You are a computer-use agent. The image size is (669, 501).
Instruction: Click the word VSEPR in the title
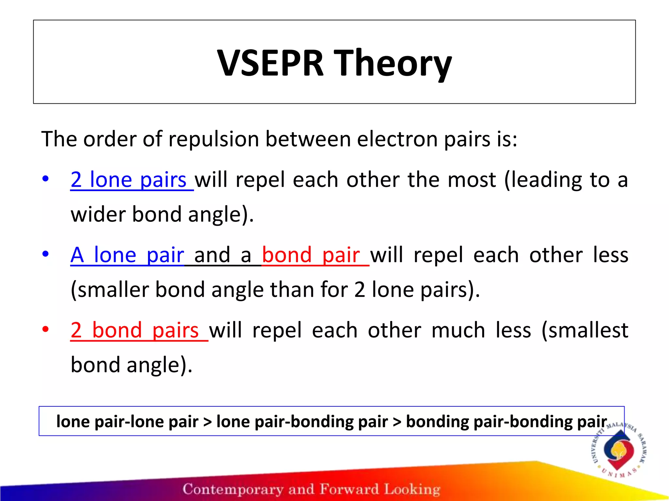pos(270,63)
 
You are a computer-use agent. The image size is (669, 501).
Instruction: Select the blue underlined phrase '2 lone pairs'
pos(128,180)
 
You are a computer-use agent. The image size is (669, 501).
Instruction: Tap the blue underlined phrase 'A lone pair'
pos(127,255)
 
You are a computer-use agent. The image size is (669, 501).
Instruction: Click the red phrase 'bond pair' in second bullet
pos(311,255)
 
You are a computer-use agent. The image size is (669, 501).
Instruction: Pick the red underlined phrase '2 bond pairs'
pos(135,330)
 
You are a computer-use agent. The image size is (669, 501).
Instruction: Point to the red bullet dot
pos(45,329)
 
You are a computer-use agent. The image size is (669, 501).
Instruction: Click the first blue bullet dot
pos(45,178)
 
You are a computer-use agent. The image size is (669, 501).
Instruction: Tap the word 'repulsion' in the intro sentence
pos(214,139)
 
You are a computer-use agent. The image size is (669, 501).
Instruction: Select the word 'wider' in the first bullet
pos(98,214)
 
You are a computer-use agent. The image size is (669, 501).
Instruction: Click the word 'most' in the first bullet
pos(472,180)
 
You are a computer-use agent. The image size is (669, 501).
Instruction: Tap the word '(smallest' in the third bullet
pos(585,330)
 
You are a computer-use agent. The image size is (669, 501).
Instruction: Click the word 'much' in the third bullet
pos(458,330)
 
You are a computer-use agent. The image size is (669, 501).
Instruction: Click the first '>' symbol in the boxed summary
pos(207,421)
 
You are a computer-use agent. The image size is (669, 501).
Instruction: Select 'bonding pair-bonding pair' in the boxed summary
pos(506,421)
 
